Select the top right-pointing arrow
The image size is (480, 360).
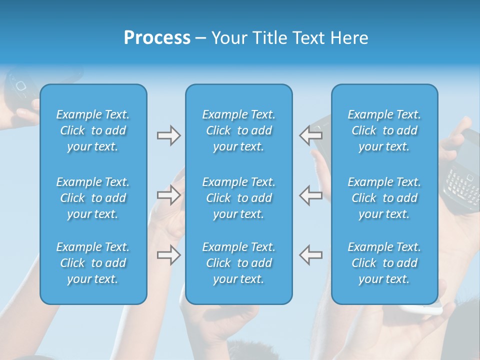pyautogui.click(x=169, y=135)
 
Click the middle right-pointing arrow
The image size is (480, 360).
pyautogui.click(x=169, y=195)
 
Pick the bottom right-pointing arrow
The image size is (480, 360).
pyautogui.click(x=169, y=255)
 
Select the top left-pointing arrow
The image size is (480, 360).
pyautogui.click(x=311, y=135)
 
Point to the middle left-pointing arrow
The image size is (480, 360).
pyautogui.click(x=311, y=195)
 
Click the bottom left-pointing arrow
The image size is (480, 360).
pyautogui.click(x=311, y=254)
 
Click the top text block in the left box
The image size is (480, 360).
pyautogui.click(x=93, y=130)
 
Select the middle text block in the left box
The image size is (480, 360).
pyautogui.click(x=93, y=198)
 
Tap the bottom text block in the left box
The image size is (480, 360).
pyautogui.click(x=93, y=263)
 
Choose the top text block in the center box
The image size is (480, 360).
pyautogui.click(x=238, y=130)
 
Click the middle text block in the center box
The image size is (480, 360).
pyautogui.click(x=238, y=198)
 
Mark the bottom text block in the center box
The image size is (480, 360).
pyautogui.click(x=238, y=263)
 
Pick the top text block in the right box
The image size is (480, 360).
pyautogui.click(x=384, y=130)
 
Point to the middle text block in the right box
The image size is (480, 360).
pyautogui.click(x=384, y=198)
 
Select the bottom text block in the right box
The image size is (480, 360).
pyautogui.click(x=384, y=263)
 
